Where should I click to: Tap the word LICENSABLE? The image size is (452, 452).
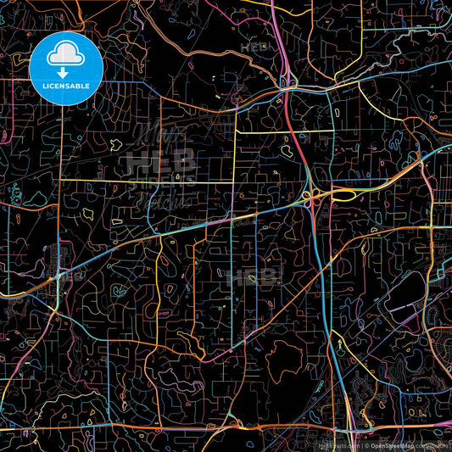pos(65,85)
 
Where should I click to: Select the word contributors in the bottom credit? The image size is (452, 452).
pos(434,445)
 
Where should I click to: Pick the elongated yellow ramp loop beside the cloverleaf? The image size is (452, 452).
pos(341,196)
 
